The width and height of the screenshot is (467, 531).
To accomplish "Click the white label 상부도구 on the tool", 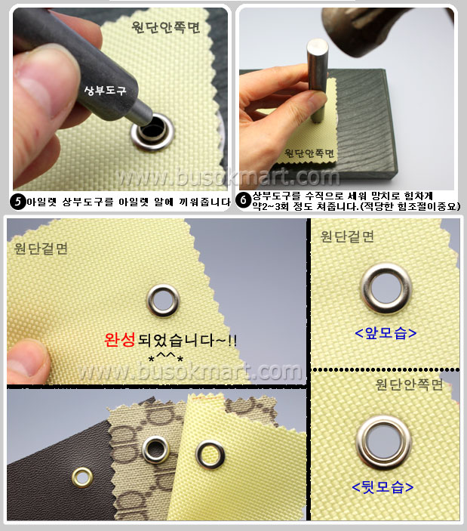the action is pyautogui.click(x=105, y=91).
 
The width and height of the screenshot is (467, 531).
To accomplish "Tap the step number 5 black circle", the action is pyautogui.click(x=18, y=202).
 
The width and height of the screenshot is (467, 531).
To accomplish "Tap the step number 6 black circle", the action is pyautogui.click(x=244, y=200).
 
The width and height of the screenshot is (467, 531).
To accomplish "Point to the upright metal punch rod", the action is pyautogui.click(x=318, y=79).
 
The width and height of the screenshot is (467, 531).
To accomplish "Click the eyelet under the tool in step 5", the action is pyautogui.click(x=153, y=131).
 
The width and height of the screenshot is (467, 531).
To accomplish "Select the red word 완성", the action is pyautogui.click(x=120, y=340).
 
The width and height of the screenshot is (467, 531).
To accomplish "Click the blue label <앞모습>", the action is pyautogui.click(x=386, y=333).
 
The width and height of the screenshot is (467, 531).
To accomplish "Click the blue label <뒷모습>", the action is pyautogui.click(x=383, y=487).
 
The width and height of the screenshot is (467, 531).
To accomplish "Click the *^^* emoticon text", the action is pyautogui.click(x=166, y=357).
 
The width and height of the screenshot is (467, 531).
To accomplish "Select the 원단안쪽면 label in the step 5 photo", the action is pyautogui.click(x=166, y=27).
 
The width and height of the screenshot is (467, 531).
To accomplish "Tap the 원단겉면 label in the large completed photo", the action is pyautogui.click(x=41, y=249).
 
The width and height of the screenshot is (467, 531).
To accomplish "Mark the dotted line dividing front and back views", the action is pyautogui.click(x=386, y=370).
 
